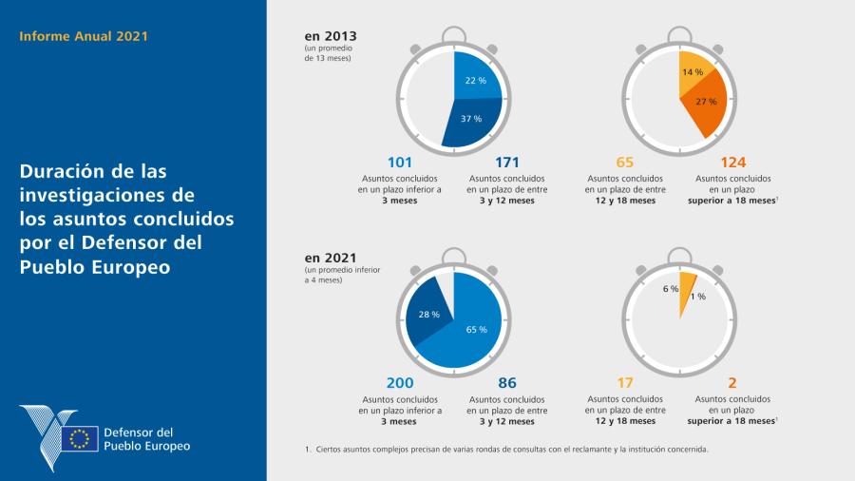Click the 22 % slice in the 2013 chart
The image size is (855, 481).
(476, 80)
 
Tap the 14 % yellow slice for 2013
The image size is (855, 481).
(692, 74)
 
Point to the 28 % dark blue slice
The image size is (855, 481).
(428, 315)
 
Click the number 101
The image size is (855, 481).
(400, 162)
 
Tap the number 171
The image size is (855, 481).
(507, 162)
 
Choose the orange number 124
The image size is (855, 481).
(733, 162)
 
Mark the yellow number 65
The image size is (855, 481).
(624, 162)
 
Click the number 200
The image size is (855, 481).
(400, 383)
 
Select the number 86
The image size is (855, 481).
(507, 383)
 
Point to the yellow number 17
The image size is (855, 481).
(624, 383)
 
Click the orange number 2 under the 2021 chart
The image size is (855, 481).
(732, 383)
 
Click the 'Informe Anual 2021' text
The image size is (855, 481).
(84, 37)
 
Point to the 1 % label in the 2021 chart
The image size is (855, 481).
(698, 297)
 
